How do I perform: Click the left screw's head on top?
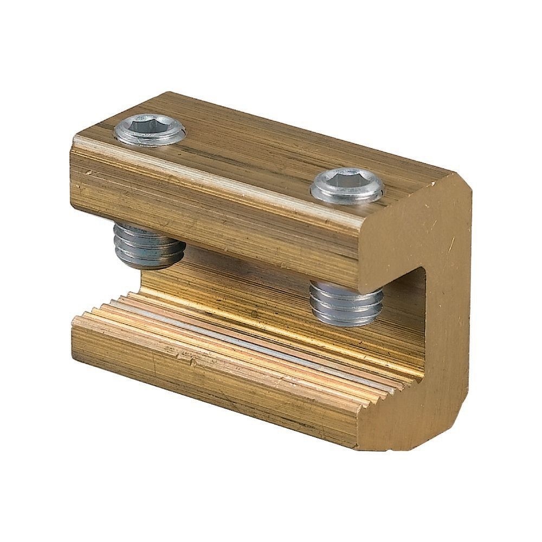[151, 130]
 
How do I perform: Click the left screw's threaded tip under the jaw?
[148, 247]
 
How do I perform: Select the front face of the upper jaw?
[217, 217]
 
